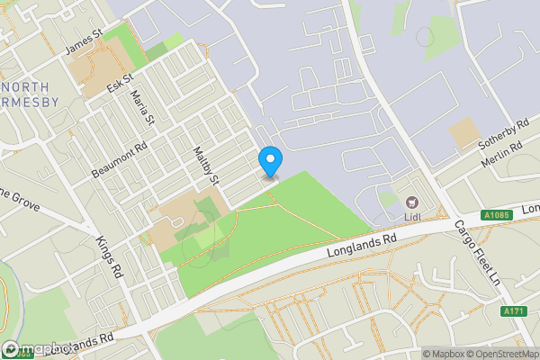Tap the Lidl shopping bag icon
[x=413, y=202]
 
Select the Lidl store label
[x=413, y=217]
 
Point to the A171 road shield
[x=512, y=310]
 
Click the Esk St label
[x=119, y=84]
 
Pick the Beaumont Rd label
[x=118, y=161]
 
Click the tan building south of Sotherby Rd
[x=464, y=134]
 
